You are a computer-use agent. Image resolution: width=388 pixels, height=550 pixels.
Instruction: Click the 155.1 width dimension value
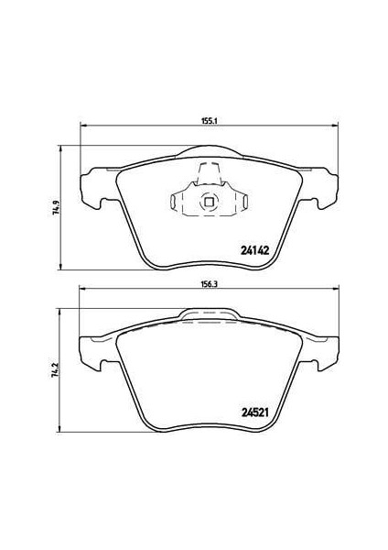pos(210,121)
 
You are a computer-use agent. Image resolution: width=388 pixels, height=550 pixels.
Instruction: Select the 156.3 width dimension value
pos(210,284)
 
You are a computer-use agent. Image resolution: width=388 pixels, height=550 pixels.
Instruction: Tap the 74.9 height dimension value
pos(55,208)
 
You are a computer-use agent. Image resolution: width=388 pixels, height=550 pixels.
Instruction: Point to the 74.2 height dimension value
pos(55,370)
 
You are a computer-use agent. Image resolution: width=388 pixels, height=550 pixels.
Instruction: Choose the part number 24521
pos(254,412)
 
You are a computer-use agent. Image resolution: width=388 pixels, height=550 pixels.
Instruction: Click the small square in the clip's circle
pos(209,202)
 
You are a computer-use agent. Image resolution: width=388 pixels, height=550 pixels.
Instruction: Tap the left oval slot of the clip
pos(172,202)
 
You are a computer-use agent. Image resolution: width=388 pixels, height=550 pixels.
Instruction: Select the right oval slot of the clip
pos(246,202)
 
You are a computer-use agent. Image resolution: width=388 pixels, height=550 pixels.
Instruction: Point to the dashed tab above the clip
pos(209,174)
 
